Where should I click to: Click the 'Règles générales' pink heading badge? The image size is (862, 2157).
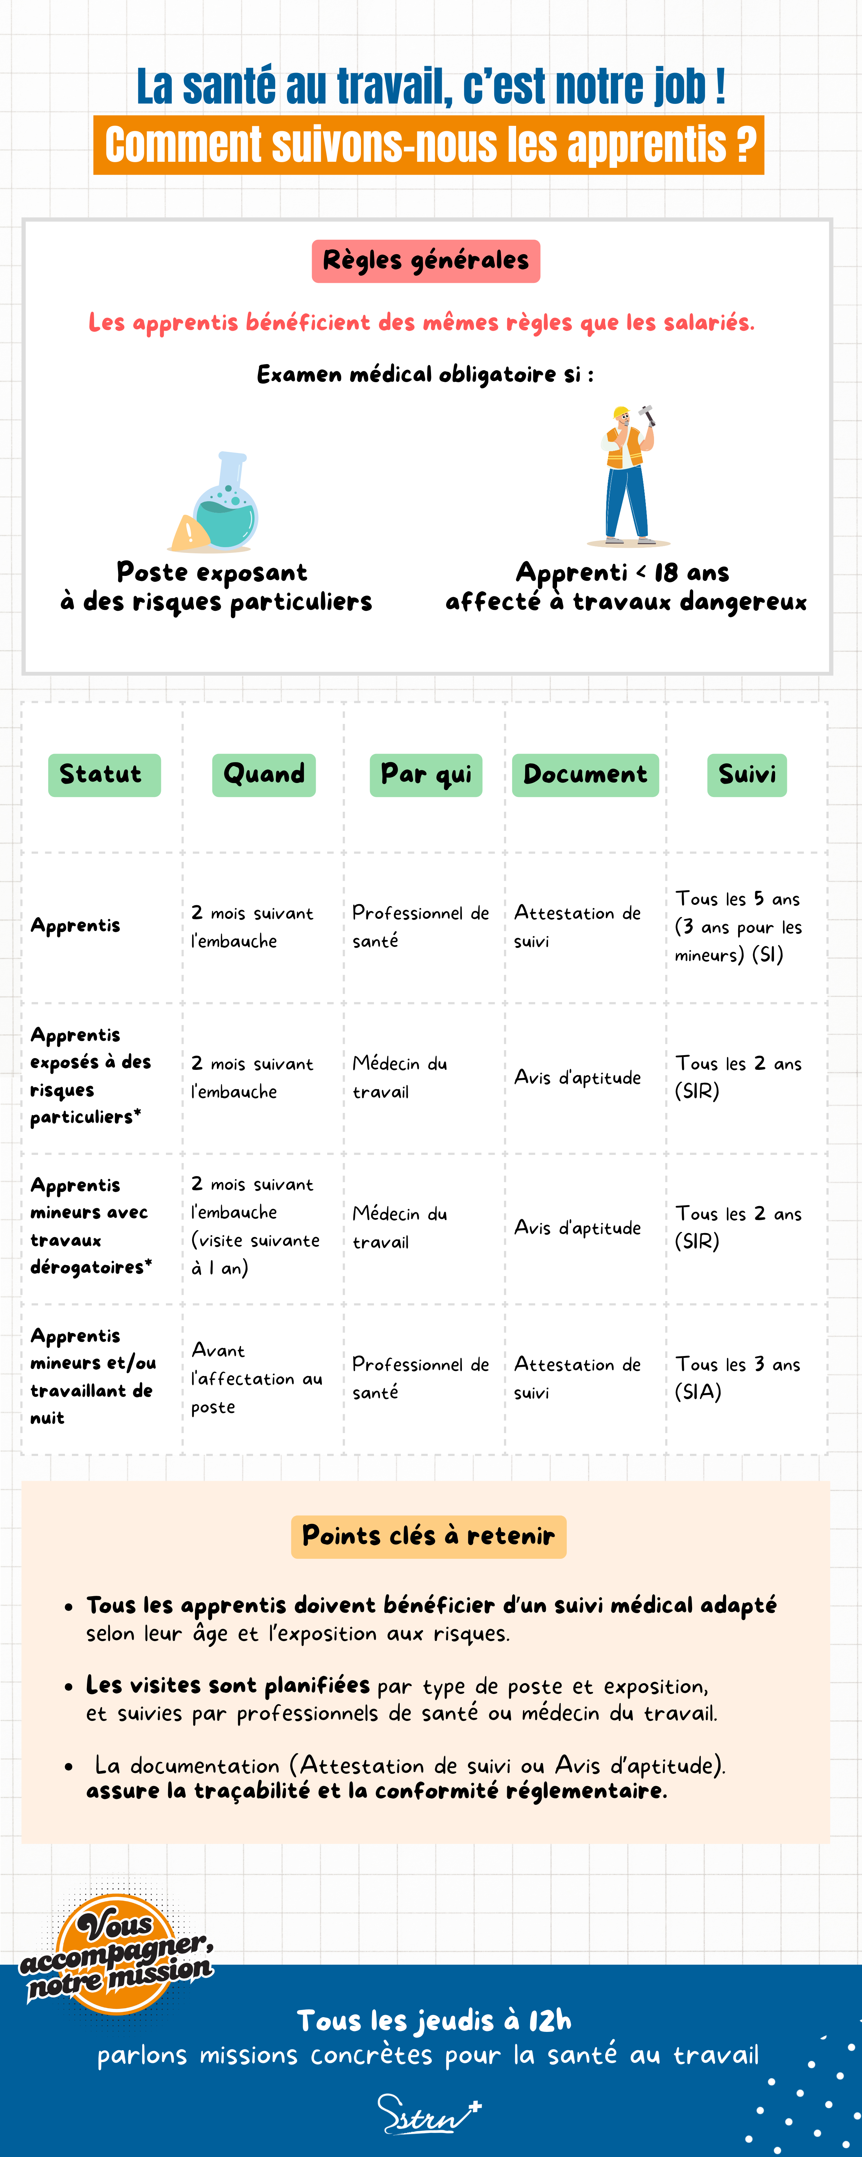[426, 260]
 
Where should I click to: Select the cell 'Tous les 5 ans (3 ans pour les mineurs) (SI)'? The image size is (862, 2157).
[738, 927]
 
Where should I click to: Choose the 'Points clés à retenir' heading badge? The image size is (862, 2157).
[428, 1536]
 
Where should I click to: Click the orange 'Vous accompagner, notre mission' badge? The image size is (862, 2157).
[116, 1955]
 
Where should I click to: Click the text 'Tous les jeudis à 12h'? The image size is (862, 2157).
[434, 2020]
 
